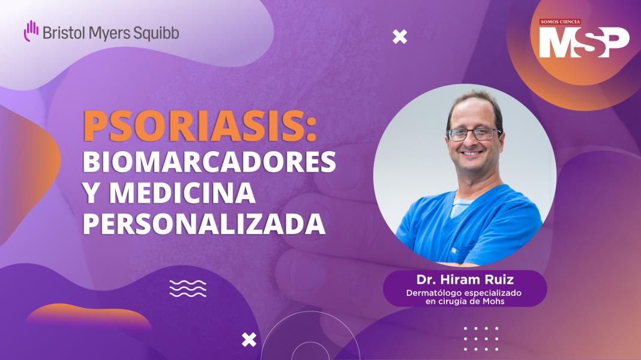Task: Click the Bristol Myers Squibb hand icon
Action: (x=31, y=31)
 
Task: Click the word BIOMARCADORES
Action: (x=209, y=162)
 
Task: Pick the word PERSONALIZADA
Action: (x=204, y=224)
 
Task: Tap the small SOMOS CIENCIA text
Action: (x=560, y=22)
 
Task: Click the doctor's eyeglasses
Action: (x=474, y=133)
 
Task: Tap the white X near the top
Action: (x=399, y=37)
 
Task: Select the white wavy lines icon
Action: (x=188, y=289)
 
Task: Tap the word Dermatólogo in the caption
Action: (x=432, y=293)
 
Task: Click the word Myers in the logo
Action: (x=109, y=32)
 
